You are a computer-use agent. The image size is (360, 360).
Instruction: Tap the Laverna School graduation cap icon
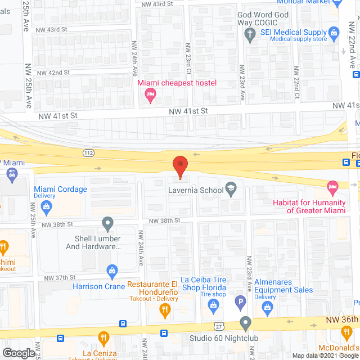pyautogui.click(x=230, y=189)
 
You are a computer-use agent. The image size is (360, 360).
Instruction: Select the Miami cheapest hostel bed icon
pyautogui.click(x=151, y=96)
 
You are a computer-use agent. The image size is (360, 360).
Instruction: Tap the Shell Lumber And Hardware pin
pyautogui.click(x=108, y=224)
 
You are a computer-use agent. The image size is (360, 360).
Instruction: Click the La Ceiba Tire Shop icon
pyautogui.click(x=213, y=306)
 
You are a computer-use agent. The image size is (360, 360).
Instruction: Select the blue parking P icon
pyautogui.click(x=240, y=303)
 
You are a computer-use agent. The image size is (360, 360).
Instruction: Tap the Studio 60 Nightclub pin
pyautogui.click(x=245, y=324)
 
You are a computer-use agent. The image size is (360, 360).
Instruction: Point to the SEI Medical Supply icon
pyautogui.click(x=333, y=33)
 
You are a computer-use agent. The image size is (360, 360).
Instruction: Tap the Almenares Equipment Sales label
pyautogui.click(x=283, y=286)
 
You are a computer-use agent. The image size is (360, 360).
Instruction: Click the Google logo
pyautogui.click(x=18, y=353)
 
